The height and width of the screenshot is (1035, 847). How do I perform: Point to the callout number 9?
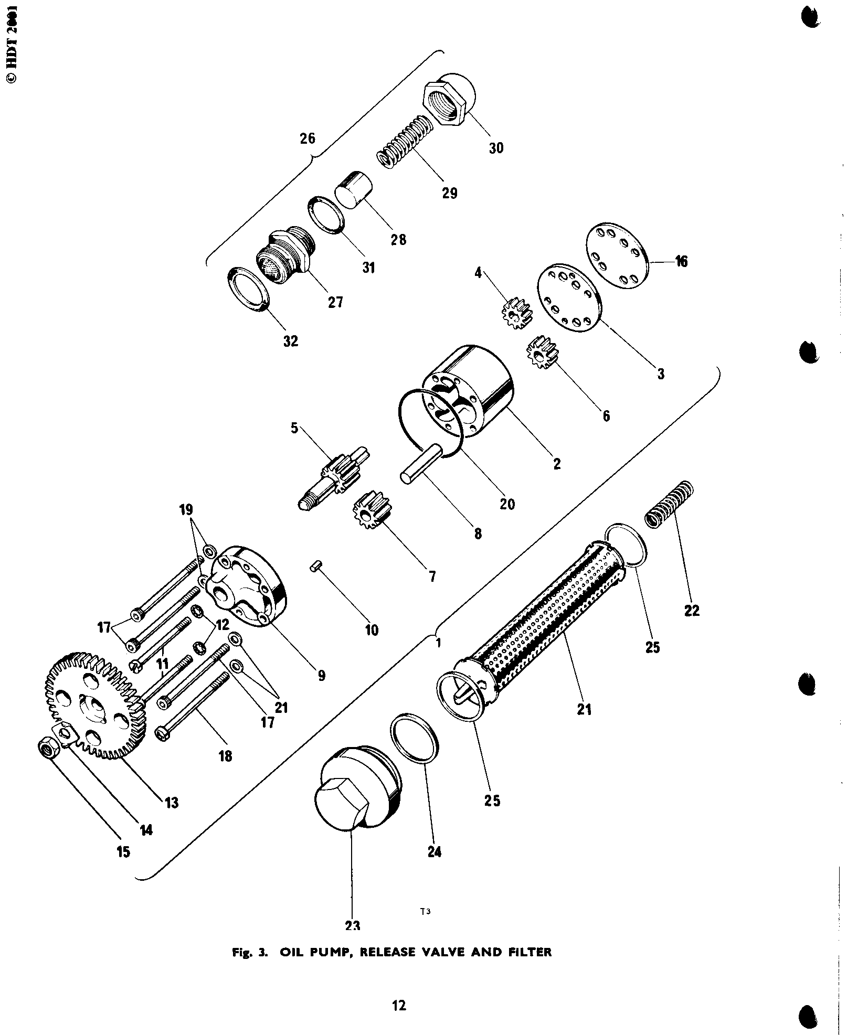pyautogui.click(x=321, y=675)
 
